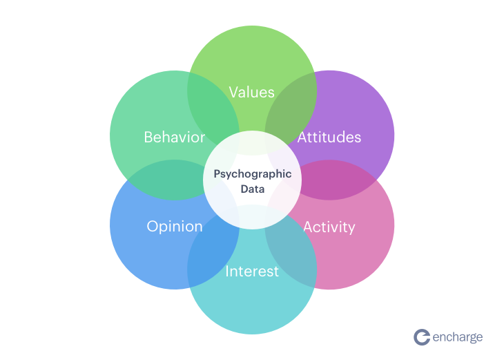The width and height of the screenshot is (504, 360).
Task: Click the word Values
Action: coord(252,92)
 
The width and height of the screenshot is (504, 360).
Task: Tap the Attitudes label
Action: coord(329,137)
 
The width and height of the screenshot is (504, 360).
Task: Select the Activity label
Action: coord(329,227)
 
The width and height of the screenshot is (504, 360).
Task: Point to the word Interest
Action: coord(252,272)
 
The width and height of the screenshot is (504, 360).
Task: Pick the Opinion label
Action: coord(175,227)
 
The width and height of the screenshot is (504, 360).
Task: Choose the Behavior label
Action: coord(175,137)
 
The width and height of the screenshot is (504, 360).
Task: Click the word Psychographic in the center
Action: coord(252,174)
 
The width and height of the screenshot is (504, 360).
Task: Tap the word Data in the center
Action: coord(252,188)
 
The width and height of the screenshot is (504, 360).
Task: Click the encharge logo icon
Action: coord(422,337)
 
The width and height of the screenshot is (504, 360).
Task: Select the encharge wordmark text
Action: coord(458,337)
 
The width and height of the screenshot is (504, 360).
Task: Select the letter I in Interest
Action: coord(227,272)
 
